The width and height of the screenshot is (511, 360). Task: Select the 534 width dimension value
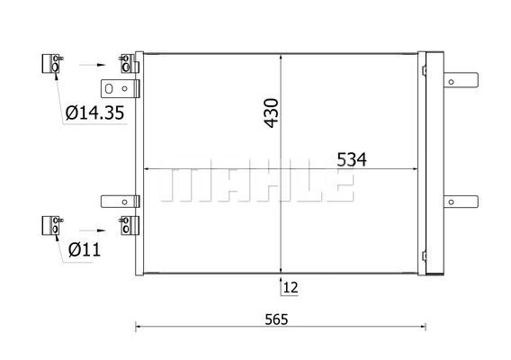pos(352,159)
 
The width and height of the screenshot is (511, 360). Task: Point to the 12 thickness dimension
pos(290,287)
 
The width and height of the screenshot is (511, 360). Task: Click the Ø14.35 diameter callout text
pos(94,114)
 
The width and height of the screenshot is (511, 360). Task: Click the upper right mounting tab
pos(462,79)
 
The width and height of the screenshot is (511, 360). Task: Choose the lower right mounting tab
pos(462,199)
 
